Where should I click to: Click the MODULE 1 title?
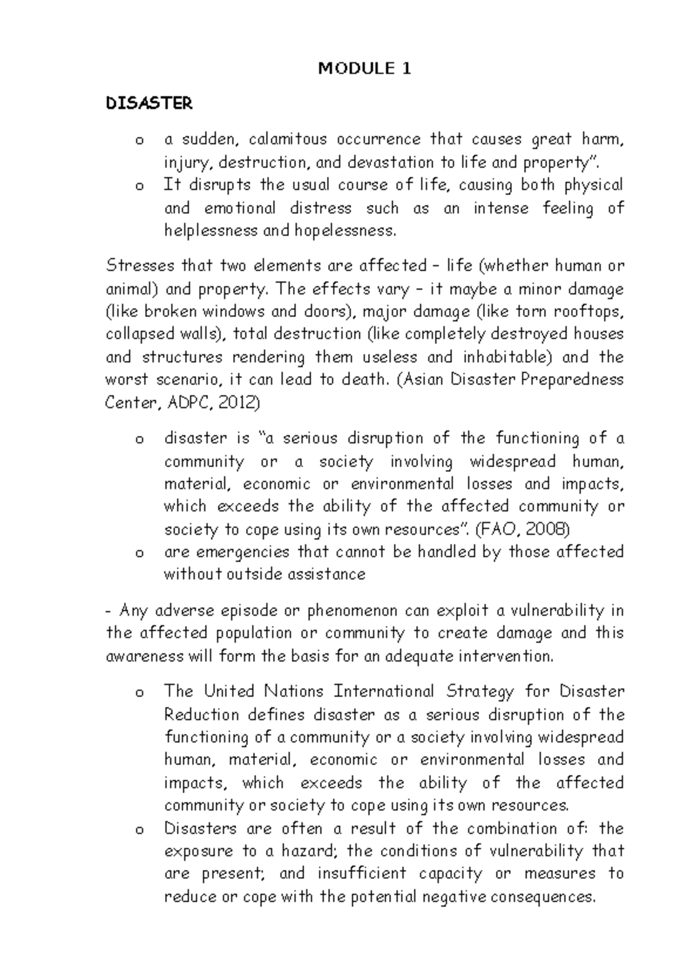click(364, 69)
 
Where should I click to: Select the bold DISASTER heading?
click(149, 104)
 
